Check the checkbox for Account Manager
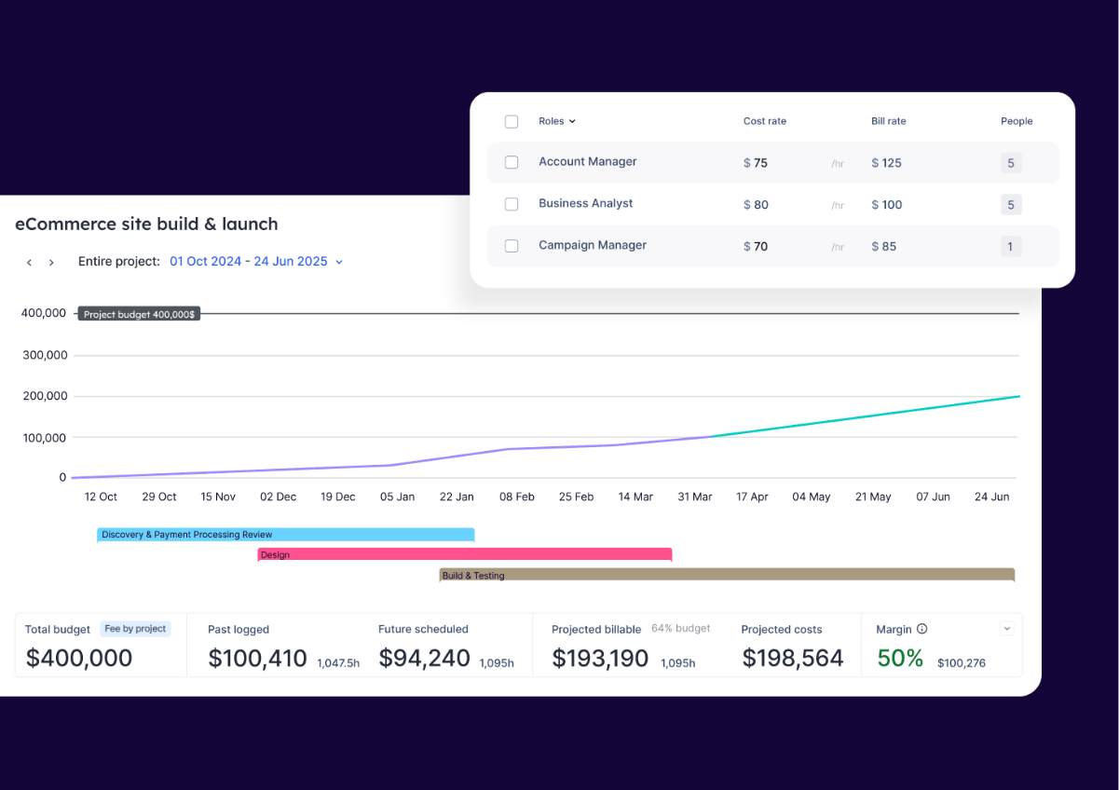(x=512, y=162)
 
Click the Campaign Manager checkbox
(x=512, y=246)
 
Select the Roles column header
(x=556, y=121)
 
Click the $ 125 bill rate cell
(x=886, y=163)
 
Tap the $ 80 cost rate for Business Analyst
(x=756, y=205)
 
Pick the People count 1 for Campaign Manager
(x=1011, y=247)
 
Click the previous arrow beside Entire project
(x=30, y=263)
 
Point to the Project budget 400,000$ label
(x=139, y=315)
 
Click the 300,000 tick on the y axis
(x=44, y=355)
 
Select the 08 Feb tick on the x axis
(x=516, y=497)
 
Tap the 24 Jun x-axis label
(x=992, y=497)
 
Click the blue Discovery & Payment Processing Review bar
(x=285, y=535)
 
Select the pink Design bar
(x=464, y=555)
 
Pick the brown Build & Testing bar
(x=726, y=576)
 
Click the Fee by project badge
(x=135, y=629)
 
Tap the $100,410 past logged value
(x=257, y=659)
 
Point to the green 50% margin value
(x=899, y=659)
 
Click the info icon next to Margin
(x=921, y=630)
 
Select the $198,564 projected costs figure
(x=792, y=659)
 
